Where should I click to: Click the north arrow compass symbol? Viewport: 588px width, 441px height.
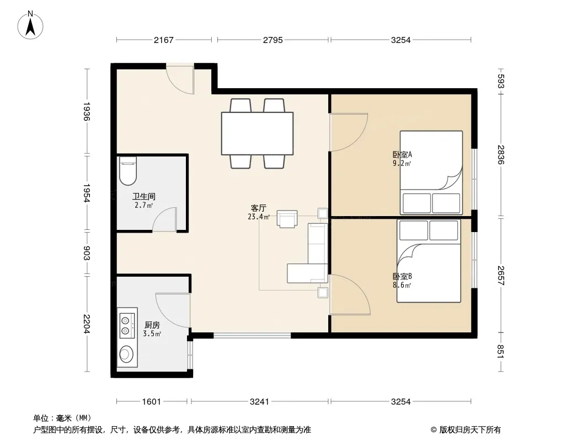[x=30, y=25]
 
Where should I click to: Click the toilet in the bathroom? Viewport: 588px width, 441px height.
[x=127, y=171]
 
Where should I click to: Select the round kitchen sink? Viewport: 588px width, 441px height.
[x=126, y=354]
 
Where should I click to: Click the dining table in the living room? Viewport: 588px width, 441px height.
[x=257, y=133]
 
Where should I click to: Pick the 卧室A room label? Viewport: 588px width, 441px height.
[x=402, y=154]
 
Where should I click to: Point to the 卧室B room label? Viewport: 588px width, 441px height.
[x=402, y=276]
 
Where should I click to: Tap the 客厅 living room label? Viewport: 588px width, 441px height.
[x=258, y=208]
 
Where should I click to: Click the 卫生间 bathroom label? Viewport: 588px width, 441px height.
[x=143, y=196]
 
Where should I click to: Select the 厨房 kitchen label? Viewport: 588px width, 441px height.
[x=152, y=325]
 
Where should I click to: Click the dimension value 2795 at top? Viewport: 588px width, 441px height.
[x=272, y=40]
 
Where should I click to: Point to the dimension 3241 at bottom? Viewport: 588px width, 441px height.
[x=259, y=402]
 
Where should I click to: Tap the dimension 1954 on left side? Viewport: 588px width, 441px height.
[x=86, y=192]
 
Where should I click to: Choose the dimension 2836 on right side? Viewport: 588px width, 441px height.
[x=501, y=154]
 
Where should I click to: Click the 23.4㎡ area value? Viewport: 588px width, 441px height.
[x=259, y=217]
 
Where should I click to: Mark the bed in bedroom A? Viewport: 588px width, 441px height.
[x=431, y=173]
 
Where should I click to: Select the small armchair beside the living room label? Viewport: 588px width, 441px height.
[x=287, y=219]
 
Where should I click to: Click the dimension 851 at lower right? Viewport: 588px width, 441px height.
[x=501, y=352]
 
